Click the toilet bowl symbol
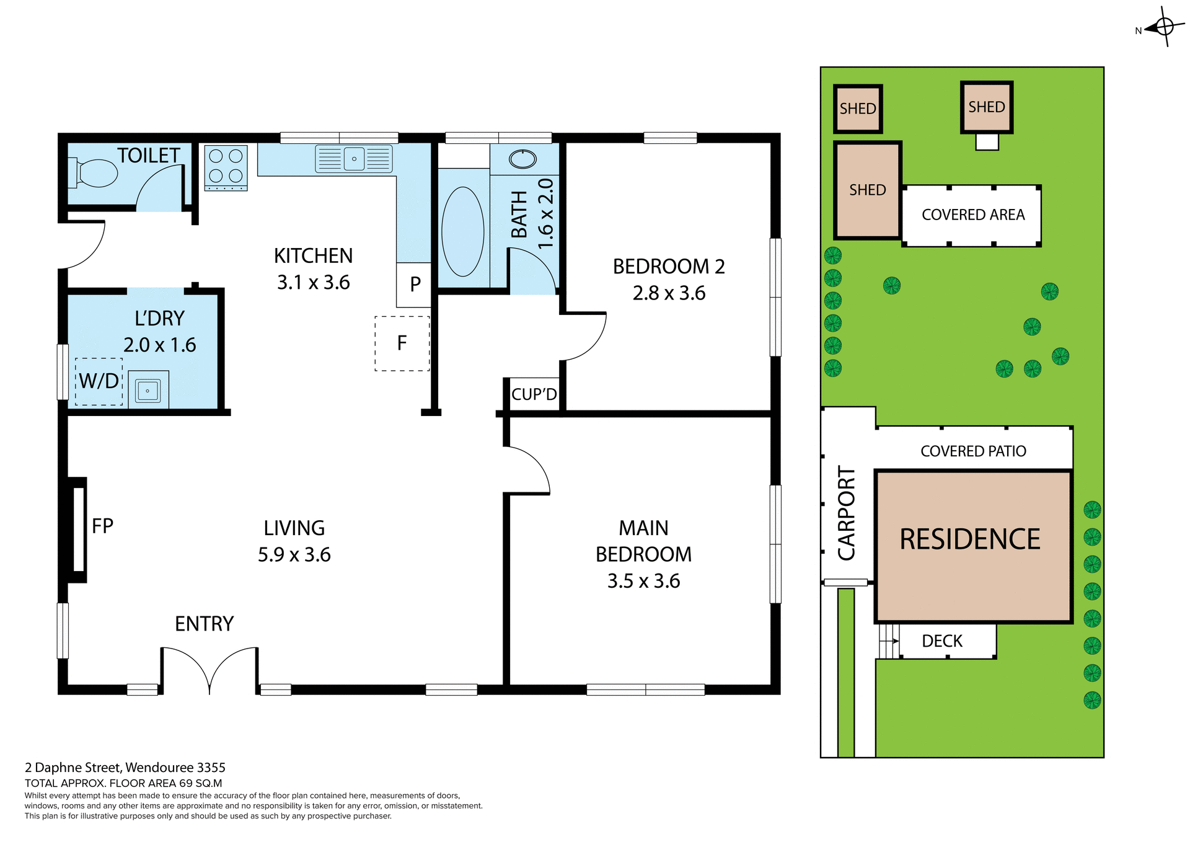96,173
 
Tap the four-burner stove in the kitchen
226,166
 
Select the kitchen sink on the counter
354,159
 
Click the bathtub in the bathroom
462,231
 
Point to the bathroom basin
522,159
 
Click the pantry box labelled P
414,285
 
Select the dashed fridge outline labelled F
402,343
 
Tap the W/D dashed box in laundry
99,381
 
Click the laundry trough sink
148,390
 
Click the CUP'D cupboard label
534,394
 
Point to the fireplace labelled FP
79,529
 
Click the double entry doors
209,670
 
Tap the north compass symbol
1164,27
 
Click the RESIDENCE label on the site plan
969,539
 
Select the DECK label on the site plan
941,641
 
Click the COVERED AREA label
972,215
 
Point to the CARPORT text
846,513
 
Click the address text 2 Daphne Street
125,768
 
